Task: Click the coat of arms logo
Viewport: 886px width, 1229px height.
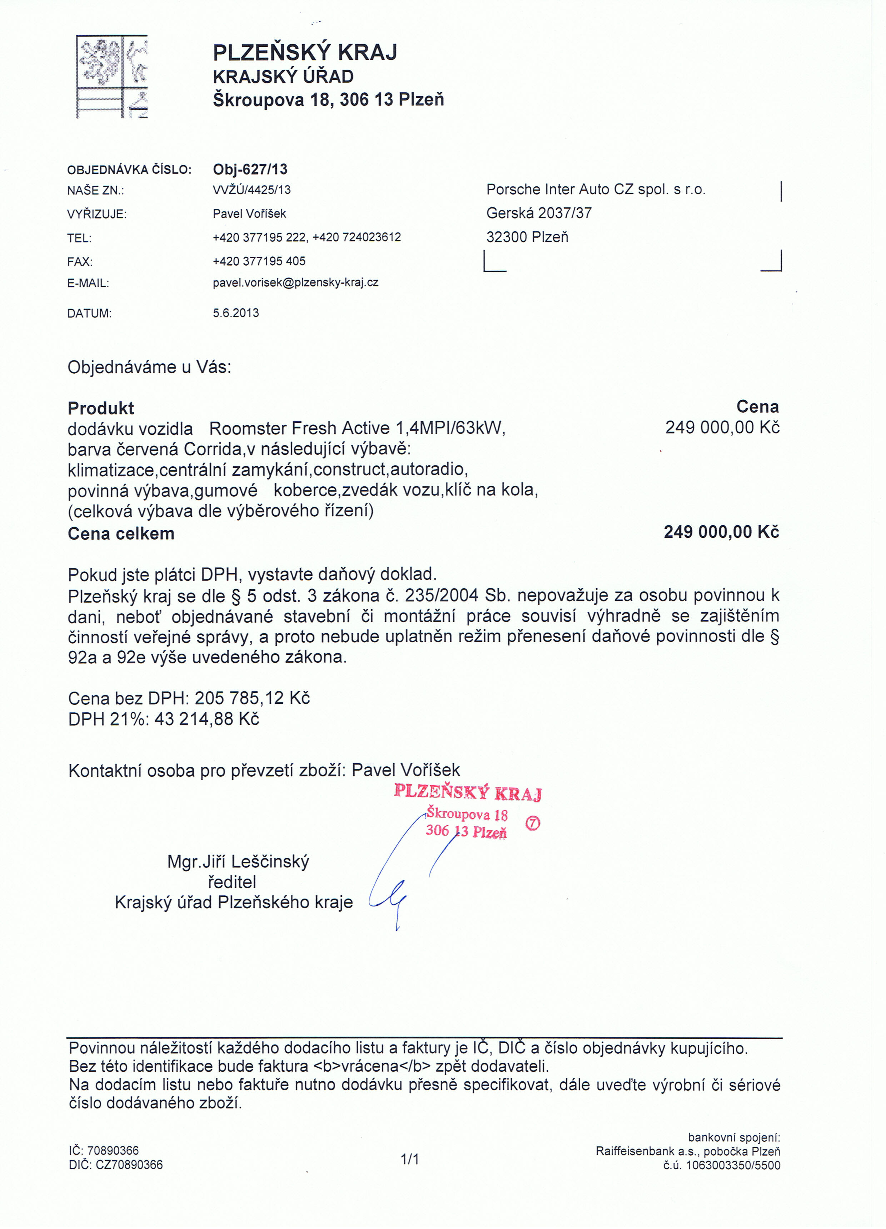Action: click(111, 77)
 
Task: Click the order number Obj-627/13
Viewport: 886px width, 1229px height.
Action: click(250, 169)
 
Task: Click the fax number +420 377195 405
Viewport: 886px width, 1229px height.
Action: click(259, 261)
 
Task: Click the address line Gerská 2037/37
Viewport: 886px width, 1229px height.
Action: click(538, 213)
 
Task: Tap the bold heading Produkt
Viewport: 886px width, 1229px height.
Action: click(101, 408)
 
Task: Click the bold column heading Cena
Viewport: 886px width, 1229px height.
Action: click(757, 407)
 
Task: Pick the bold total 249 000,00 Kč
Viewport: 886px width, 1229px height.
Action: click(721, 532)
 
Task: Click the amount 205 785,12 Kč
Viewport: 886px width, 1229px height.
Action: click(252, 698)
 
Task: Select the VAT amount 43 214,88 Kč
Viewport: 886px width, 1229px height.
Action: click(206, 719)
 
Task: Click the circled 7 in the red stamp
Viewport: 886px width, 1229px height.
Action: click(533, 823)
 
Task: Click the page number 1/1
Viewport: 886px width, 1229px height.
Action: click(409, 1159)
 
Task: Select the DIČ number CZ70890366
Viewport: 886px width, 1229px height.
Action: click(129, 1165)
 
